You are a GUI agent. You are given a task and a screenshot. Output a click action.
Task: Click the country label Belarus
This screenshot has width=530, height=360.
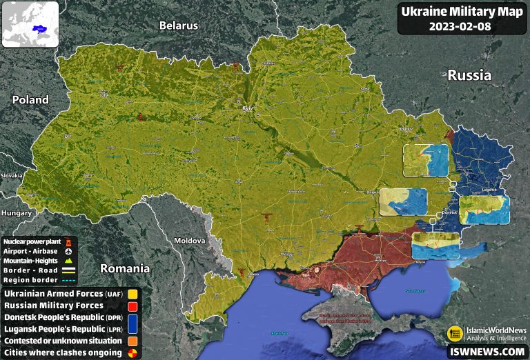tap(178, 26)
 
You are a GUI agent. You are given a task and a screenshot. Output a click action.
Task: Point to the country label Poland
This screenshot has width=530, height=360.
tap(30, 99)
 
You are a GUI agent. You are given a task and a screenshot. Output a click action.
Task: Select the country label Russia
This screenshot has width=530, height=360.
tap(469, 75)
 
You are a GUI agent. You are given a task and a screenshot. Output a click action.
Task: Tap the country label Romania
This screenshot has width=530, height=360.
tap(125, 268)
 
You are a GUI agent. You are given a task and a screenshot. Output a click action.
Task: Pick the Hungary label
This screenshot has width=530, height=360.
tap(16, 213)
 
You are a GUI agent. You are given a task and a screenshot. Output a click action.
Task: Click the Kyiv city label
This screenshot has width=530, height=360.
tap(248, 109)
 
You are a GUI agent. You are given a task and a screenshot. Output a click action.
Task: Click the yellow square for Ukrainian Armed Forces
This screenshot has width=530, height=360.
tap(134, 294)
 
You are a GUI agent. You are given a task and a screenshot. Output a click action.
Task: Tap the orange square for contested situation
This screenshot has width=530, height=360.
tap(134, 341)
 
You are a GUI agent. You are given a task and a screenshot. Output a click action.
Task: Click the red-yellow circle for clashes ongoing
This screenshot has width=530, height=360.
tap(134, 352)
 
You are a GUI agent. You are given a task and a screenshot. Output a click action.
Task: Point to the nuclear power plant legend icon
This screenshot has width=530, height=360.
tap(68, 241)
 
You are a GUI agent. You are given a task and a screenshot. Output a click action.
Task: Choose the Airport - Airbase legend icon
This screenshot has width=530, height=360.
tap(68, 251)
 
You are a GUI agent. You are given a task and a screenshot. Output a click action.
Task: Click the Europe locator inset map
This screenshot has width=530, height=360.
tap(30, 24)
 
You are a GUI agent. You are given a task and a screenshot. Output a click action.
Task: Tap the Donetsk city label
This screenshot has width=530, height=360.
tap(449, 212)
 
